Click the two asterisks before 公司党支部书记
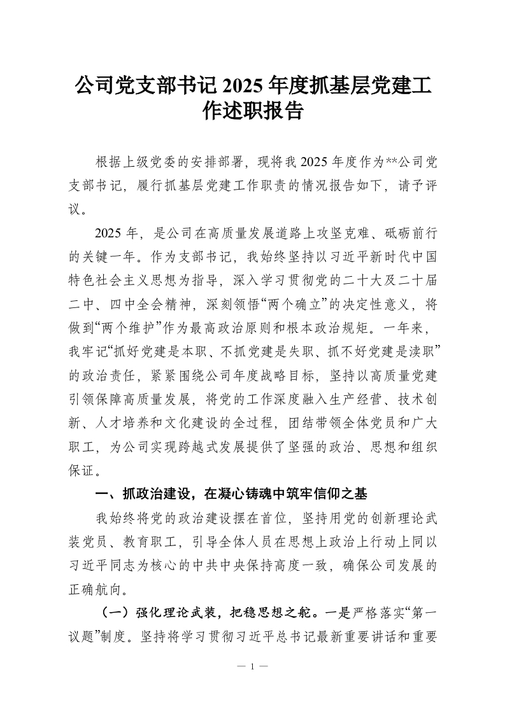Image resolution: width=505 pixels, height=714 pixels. pyautogui.click(x=388, y=162)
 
